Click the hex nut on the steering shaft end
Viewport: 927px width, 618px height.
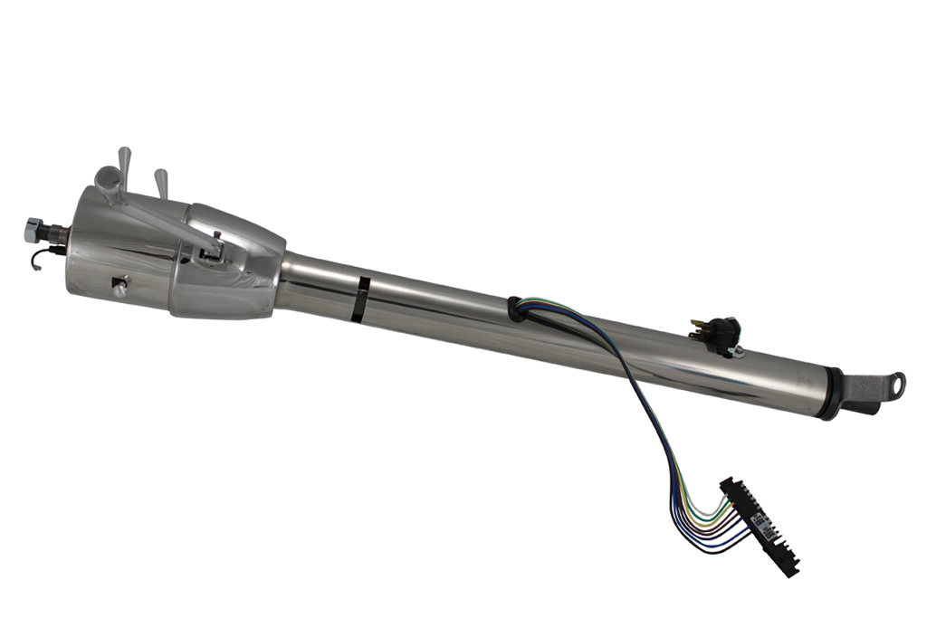coord(33,228)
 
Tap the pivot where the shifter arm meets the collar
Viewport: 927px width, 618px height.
coord(214,246)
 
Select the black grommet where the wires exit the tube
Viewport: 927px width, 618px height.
coord(517,309)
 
